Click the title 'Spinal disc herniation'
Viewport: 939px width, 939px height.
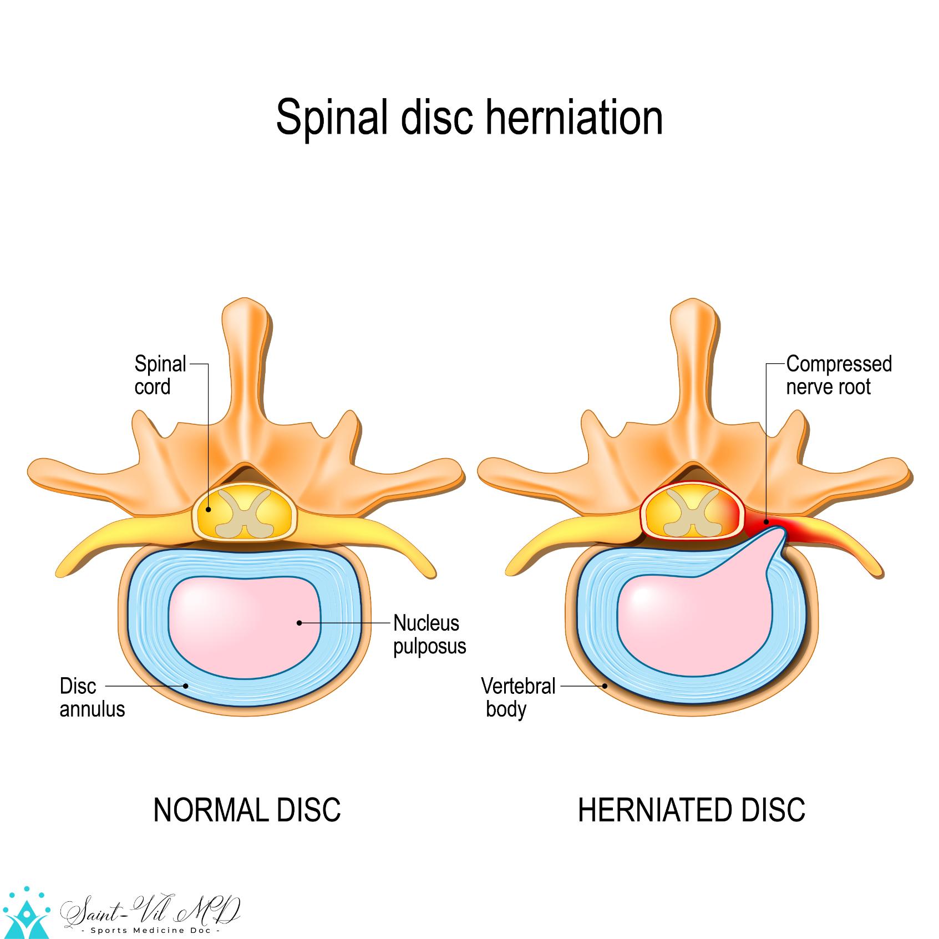469,117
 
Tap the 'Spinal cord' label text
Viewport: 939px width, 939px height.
160,375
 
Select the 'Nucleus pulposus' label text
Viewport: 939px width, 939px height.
429,635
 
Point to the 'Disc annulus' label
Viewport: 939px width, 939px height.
92,698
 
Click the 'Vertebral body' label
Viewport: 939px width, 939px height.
517,698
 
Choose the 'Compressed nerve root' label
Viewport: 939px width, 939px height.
839,375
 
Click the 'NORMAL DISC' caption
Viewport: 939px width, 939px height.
247,810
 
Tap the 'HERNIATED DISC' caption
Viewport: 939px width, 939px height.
691,810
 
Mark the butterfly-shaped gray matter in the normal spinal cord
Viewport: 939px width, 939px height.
244,514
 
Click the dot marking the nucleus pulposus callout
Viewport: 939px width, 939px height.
300,623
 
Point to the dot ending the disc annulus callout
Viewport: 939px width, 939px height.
186,686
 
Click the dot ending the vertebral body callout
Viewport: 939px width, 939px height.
606,686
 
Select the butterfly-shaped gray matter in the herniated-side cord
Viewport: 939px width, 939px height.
691,514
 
